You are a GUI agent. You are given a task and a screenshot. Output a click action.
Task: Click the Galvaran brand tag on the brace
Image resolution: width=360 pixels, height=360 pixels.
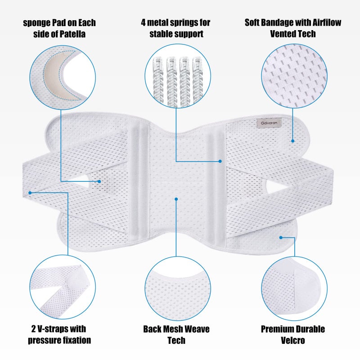tap(269, 123)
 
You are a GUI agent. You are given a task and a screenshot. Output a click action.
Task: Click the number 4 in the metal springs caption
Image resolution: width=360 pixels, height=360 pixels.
tap(143, 22)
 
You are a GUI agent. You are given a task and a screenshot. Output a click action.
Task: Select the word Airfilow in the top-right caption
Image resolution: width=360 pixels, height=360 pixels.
tap(327, 22)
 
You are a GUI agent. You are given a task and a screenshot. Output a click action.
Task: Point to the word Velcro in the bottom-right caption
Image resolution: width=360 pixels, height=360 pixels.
tap(293, 340)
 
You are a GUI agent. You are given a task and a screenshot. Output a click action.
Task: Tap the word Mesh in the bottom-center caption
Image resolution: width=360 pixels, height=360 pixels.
tap(172, 329)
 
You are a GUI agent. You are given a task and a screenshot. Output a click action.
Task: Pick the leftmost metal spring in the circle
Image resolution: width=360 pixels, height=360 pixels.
tap(158, 81)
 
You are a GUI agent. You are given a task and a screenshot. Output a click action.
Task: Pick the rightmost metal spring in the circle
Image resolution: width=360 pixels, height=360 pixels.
tap(198, 81)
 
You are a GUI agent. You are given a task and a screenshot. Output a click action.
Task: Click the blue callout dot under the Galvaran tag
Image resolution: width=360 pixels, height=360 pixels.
tap(293, 141)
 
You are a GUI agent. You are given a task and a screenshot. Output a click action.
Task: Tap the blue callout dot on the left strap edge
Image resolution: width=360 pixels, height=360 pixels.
tap(30, 193)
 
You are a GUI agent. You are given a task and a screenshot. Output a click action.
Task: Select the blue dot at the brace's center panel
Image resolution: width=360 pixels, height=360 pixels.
tap(176, 199)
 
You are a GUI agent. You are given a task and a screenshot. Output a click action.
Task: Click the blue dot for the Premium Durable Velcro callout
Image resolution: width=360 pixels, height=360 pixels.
tap(281, 238)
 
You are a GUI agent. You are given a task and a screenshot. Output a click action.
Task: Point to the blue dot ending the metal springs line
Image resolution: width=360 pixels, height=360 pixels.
tap(220, 161)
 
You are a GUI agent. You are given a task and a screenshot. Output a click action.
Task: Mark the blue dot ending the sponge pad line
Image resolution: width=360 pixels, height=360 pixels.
tap(99, 181)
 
